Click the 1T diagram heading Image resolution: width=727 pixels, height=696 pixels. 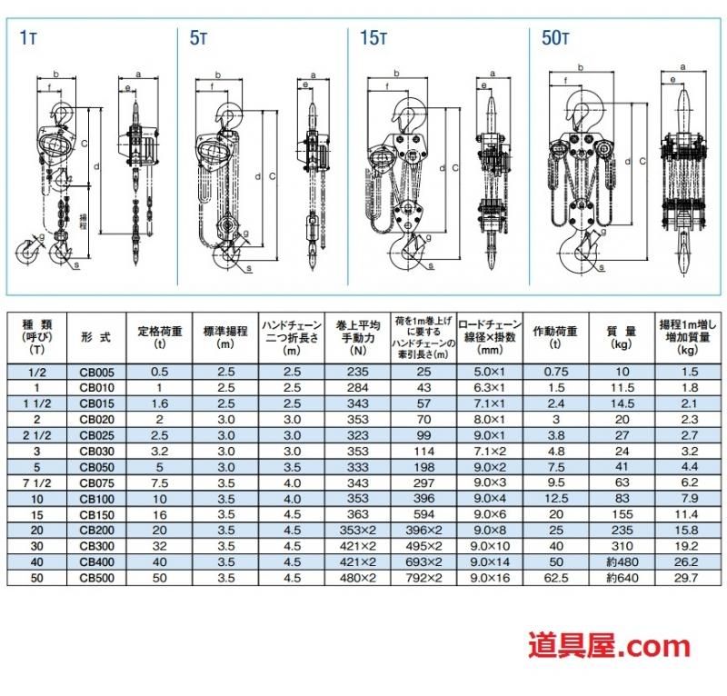[x=28, y=38]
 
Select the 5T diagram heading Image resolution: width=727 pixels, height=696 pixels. [x=198, y=38]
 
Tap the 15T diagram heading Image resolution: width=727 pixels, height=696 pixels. [x=373, y=38]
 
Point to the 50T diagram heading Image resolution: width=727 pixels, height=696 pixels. [x=555, y=38]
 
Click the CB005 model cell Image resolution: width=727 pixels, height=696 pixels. [x=96, y=372]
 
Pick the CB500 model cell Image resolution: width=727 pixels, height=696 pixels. [x=96, y=578]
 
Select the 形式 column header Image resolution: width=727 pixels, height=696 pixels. [x=96, y=337]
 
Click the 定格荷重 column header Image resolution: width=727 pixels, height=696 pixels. [x=160, y=337]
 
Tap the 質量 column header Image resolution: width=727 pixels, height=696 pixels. [x=622, y=337]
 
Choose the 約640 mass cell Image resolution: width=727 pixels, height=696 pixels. [x=622, y=578]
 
